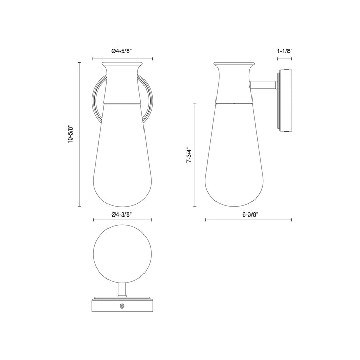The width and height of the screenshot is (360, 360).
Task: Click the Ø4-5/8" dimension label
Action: pos(122,51)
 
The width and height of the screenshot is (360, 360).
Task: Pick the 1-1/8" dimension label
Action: pos(284,51)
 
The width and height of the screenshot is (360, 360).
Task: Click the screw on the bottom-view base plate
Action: pos(122,307)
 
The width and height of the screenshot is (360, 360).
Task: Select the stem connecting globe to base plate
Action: pos(122,290)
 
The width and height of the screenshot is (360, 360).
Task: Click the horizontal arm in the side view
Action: pos(262,85)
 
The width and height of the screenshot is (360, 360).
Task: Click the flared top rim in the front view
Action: pos(122,66)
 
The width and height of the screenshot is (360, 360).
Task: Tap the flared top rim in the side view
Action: pos(234,66)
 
